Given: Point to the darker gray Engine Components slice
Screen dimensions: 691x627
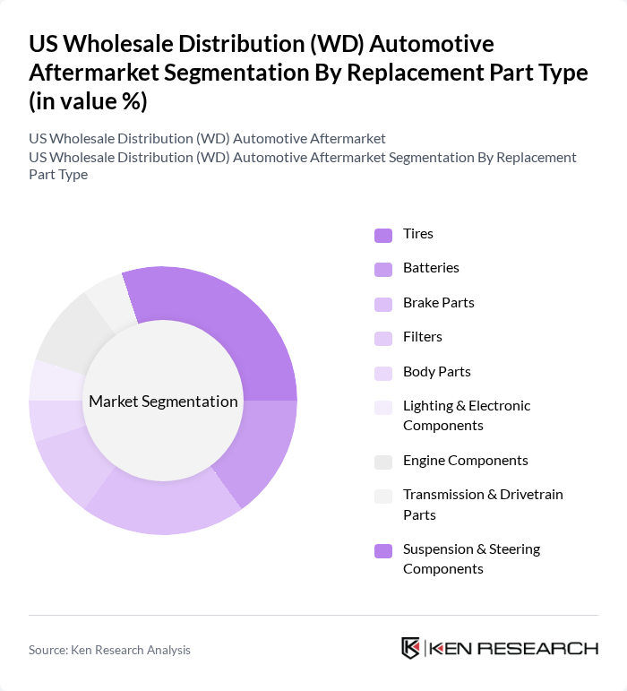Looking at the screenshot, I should point(67,332).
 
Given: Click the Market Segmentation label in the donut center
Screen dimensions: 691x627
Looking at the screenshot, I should point(163,402).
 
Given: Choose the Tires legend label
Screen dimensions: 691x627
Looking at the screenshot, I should point(418,234).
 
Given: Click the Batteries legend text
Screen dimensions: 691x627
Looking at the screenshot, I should point(431,268).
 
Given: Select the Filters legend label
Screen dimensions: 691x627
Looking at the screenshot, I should point(423,337).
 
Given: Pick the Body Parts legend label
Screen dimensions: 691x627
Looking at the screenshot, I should point(436,372).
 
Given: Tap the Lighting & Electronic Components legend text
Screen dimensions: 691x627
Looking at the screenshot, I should point(466,415).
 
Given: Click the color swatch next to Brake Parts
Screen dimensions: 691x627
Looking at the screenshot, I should point(383,304).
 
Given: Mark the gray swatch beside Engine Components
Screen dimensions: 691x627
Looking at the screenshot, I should point(383,462).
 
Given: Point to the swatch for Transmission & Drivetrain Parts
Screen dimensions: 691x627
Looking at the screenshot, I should point(383,496).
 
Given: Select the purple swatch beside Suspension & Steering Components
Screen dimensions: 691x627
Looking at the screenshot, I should point(383,551).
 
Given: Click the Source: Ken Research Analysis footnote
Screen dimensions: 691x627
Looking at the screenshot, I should point(109,650).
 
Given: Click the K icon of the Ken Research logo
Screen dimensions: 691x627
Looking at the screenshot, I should point(411,648).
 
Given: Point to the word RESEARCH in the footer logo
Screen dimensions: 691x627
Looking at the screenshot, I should point(546,648).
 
